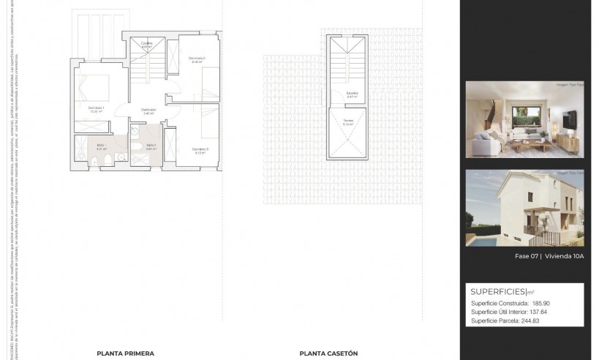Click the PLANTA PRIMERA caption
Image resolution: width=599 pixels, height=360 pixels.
click(x=125, y=353)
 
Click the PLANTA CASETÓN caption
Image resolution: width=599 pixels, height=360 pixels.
click(x=328, y=353)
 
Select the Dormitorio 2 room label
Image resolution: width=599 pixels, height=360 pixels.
click(x=196, y=59)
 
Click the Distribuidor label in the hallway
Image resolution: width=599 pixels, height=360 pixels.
click(x=148, y=110)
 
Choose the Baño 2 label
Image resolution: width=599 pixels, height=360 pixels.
click(x=151, y=146)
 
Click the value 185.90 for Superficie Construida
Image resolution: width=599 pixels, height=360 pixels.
click(x=542, y=303)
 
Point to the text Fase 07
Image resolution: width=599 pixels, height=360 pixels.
click(x=527, y=257)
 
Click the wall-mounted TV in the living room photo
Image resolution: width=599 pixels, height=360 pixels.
click(x=570, y=118)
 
